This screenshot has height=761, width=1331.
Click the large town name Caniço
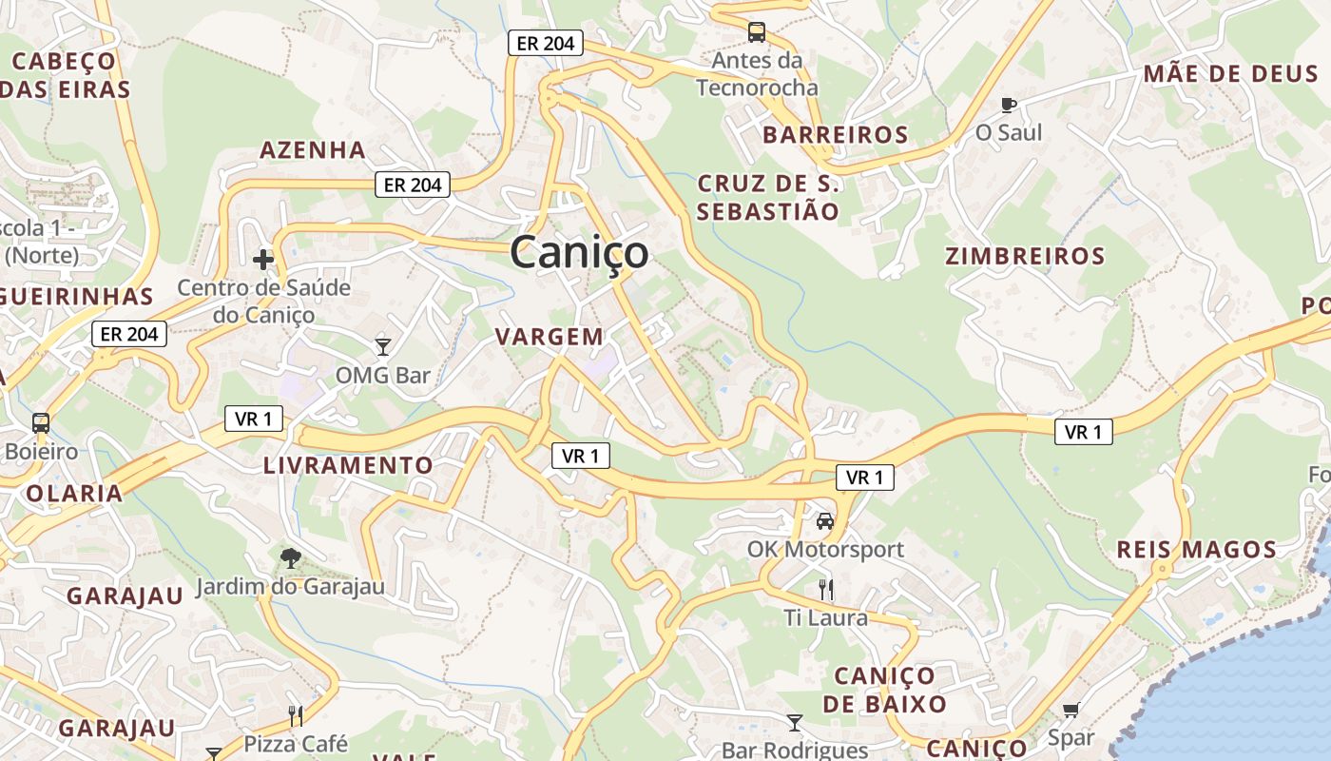pyautogui.click(x=580, y=253)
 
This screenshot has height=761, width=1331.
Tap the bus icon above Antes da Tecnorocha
pyautogui.click(x=757, y=32)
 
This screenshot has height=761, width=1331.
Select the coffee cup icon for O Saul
pyautogui.click(x=1009, y=105)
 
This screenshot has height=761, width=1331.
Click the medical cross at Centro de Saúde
pyautogui.click(x=263, y=259)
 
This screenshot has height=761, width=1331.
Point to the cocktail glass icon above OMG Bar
pyautogui.click(x=383, y=346)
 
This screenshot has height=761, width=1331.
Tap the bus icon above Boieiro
pyautogui.click(x=41, y=422)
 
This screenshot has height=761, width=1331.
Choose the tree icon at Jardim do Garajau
pyautogui.click(x=291, y=558)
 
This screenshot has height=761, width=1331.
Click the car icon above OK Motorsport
pyautogui.click(x=825, y=521)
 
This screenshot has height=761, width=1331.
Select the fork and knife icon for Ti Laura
pyautogui.click(x=826, y=590)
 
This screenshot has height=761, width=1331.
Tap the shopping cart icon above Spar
pyautogui.click(x=1071, y=710)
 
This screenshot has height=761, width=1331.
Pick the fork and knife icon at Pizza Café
pyautogui.click(x=296, y=715)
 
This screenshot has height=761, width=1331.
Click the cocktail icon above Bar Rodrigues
pyautogui.click(x=795, y=723)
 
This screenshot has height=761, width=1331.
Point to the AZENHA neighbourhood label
pyautogui.click(x=313, y=150)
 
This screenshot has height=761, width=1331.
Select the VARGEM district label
pyautogui.click(x=550, y=337)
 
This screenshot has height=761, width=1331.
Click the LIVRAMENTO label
pyautogui.click(x=348, y=466)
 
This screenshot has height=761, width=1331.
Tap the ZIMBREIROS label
pyautogui.click(x=1025, y=256)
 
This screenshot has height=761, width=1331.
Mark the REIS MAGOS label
pyautogui.click(x=1196, y=550)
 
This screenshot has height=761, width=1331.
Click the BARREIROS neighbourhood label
pyautogui.click(x=836, y=135)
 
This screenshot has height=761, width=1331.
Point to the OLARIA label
pyautogui.click(x=74, y=494)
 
